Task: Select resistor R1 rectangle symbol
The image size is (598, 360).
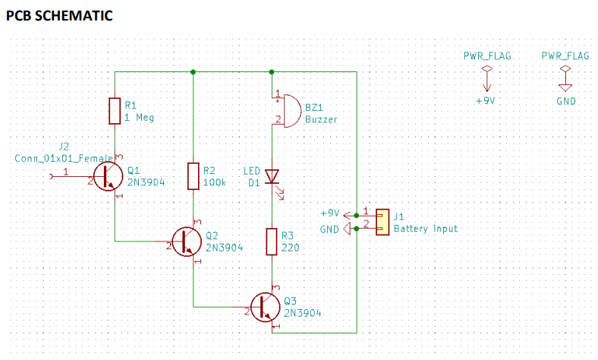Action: click(x=115, y=111)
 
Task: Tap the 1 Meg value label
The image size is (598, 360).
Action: click(x=139, y=118)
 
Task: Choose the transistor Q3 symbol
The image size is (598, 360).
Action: click(x=266, y=305)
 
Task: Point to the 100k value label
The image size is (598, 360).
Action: click(x=215, y=183)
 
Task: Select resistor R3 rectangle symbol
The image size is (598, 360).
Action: click(x=272, y=241)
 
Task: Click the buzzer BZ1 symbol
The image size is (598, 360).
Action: click(x=282, y=111)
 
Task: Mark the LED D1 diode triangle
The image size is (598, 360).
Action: click(x=272, y=176)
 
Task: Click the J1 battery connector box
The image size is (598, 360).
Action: click(x=382, y=221)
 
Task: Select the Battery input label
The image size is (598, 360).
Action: click(x=425, y=229)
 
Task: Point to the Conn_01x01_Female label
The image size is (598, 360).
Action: click(x=64, y=157)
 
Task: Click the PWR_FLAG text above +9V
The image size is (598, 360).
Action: click(x=486, y=56)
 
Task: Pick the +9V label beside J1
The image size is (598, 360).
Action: click(x=331, y=213)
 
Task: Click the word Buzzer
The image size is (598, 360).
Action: click(x=321, y=119)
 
